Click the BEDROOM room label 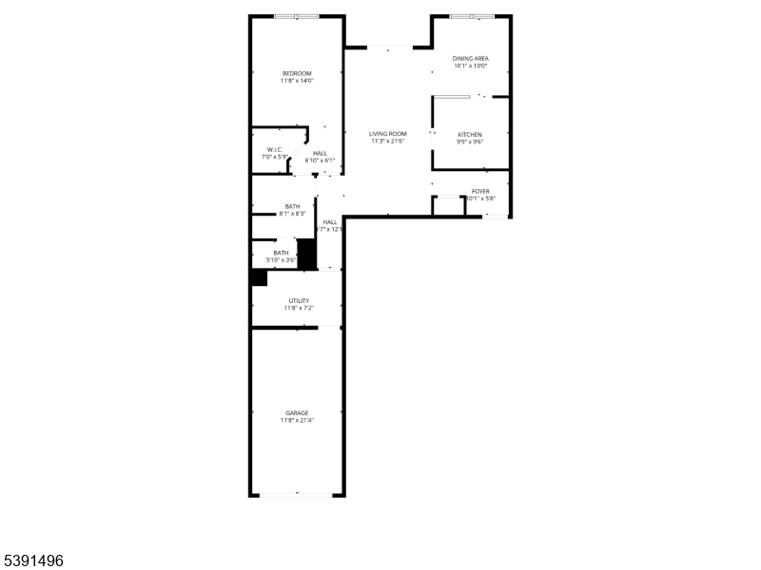coord(297,73)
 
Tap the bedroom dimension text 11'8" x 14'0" coord(297,81)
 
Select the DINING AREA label coord(470,59)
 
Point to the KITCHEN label coord(470,135)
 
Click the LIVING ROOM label coord(388,134)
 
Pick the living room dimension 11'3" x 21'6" coord(388,142)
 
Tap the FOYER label coord(480,191)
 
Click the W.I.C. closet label coord(274,149)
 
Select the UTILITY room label coord(299,300)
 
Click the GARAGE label coord(297,412)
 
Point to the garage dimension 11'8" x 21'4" coord(297,420)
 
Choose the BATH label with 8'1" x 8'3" coord(292,207)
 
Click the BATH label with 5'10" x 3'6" coord(282,253)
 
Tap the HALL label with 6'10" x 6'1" coord(320,154)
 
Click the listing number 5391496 coord(33,561)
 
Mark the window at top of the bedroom coord(297,16)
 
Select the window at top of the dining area coord(471,16)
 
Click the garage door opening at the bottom coord(297,494)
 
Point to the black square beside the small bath coord(306,254)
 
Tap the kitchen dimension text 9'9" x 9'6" coord(470,142)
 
